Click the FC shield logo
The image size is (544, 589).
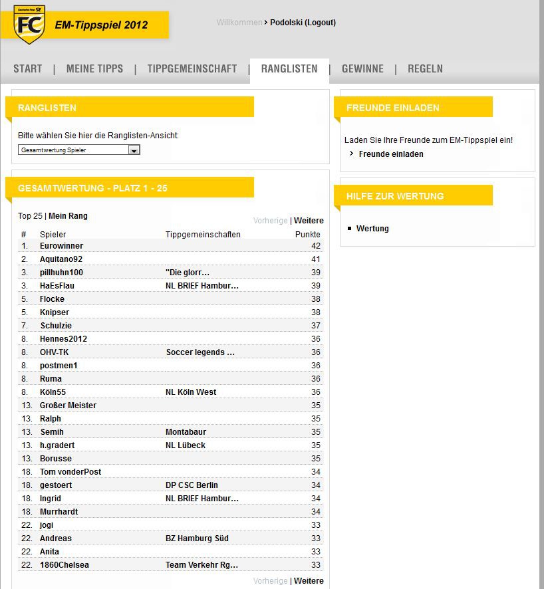coord(29,26)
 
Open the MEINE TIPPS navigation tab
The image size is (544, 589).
coord(94,68)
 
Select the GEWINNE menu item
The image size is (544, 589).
coord(362,68)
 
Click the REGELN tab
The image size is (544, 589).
coord(425,68)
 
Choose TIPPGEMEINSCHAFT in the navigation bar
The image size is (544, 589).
coord(192,68)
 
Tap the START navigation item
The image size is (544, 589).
coord(27,68)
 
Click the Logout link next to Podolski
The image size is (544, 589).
coord(321,23)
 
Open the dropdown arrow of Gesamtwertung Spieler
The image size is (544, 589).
coord(134,150)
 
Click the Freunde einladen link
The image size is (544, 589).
coord(391,154)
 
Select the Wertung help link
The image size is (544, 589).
coord(372,229)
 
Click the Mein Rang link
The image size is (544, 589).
coord(68,216)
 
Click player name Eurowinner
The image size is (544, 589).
coord(61,246)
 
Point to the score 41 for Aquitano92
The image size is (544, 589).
coord(315,259)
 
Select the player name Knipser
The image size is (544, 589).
coord(55,312)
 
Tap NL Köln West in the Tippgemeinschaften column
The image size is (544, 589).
coord(191,392)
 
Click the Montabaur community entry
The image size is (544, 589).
coord(186,432)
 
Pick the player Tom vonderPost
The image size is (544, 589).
coord(70,472)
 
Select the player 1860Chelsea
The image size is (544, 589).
coord(65,565)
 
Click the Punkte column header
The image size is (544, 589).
coord(307,235)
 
